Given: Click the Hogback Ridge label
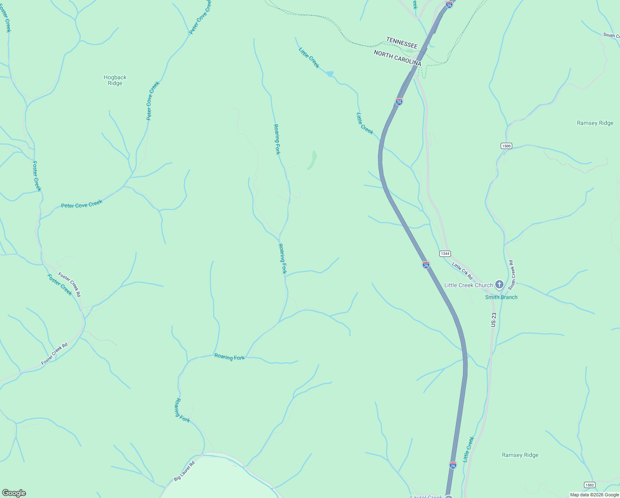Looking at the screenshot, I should [x=115, y=80].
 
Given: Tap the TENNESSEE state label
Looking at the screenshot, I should [x=402, y=42].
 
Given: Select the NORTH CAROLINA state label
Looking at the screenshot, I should [x=397, y=58].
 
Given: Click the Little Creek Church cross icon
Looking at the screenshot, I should [x=499, y=285].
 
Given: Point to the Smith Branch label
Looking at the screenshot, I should [x=501, y=297].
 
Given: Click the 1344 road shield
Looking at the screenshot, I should [x=445, y=254].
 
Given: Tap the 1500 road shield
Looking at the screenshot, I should [x=506, y=146].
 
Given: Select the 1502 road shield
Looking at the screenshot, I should [x=590, y=485].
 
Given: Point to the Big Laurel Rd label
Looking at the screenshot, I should [x=184, y=471].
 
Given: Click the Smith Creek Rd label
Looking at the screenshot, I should [x=512, y=275].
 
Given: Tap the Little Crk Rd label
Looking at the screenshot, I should [x=462, y=271].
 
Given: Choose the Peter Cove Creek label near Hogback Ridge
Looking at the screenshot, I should [x=153, y=101].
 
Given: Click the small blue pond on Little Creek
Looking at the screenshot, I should [x=330, y=74].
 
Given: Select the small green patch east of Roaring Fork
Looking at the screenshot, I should [x=312, y=160].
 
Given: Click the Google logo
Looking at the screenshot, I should [x=14, y=493].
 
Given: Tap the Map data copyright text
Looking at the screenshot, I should [x=594, y=495].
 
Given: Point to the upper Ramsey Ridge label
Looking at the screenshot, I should [x=595, y=123].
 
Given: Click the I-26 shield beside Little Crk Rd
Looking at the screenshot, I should [x=426, y=265].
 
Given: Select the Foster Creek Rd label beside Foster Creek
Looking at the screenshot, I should [x=69, y=284].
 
